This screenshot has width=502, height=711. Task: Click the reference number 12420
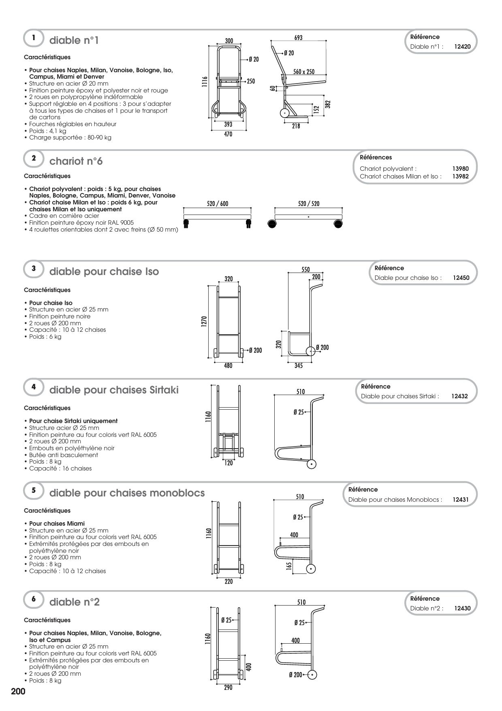tap(462, 47)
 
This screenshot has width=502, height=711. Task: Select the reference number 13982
tap(461, 176)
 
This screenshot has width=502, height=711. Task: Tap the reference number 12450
tap(461, 278)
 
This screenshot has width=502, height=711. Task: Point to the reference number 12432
tap(459, 396)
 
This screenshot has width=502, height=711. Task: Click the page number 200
tap(18, 691)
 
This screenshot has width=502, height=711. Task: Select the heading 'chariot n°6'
tap(76, 161)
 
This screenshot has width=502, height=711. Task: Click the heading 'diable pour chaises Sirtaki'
tap(114, 390)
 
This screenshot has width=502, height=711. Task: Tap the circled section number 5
tap(34, 490)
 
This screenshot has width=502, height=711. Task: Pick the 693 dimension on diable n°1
tap(298, 38)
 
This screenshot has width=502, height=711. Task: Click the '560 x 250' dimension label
tap(304, 72)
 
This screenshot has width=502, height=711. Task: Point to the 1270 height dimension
tap(204, 321)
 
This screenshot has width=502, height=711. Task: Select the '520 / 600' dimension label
tap(218, 204)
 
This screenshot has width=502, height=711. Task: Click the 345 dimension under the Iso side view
tap(299, 365)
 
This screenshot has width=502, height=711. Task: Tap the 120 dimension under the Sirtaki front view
tap(229, 463)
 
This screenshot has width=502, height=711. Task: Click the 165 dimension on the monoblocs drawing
tap(289, 566)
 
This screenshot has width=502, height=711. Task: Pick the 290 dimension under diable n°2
tap(228, 688)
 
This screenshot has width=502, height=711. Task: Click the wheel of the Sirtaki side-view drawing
tap(311, 464)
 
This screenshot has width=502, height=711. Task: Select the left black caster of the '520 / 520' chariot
tap(272, 223)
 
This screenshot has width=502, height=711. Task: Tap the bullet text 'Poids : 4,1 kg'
tap(47, 131)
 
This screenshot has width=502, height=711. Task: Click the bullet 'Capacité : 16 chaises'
tap(60, 468)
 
